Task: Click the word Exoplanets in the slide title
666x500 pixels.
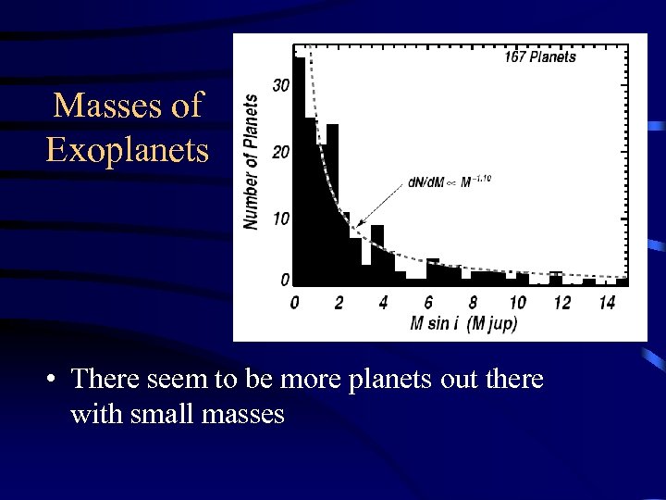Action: pos(128,148)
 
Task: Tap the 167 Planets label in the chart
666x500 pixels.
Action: pos(540,57)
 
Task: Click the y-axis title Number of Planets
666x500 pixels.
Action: pos(251,161)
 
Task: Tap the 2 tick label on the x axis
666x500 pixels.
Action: pos(339,303)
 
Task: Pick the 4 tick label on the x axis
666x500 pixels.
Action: pos(383,303)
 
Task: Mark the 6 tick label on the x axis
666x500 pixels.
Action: pos(428,303)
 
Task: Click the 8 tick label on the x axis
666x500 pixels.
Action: pos(473,303)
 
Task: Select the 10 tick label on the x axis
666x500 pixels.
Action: pos(517,303)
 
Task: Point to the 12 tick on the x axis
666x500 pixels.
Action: pos(562,303)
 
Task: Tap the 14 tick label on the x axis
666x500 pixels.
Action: pos(607,303)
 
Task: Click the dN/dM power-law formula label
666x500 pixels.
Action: pos(449,182)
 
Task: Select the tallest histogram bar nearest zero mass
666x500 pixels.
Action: pos(299,167)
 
